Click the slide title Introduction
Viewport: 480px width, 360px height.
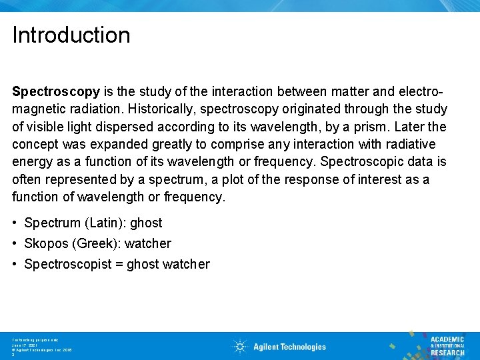click(x=71, y=35)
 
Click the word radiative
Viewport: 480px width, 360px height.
click(x=410, y=144)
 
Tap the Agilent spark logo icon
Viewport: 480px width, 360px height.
click(x=240, y=346)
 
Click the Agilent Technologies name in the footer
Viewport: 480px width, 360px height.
click(x=289, y=347)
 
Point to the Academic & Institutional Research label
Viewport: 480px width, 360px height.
click(x=447, y=345)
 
